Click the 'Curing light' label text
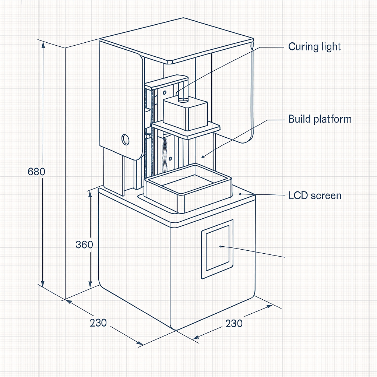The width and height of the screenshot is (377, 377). [314, 47]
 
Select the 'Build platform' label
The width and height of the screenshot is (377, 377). [320, 119]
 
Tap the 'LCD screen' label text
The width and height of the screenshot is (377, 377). [315, 196]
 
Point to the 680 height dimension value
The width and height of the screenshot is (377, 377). [36, 172]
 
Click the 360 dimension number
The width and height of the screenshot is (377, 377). [84, 245]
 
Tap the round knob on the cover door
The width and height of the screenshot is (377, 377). [125, 140]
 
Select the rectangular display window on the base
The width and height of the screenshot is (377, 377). [217, 249]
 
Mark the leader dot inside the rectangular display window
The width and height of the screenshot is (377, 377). [221, 246]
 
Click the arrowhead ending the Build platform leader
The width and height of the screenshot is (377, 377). [203, 157]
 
